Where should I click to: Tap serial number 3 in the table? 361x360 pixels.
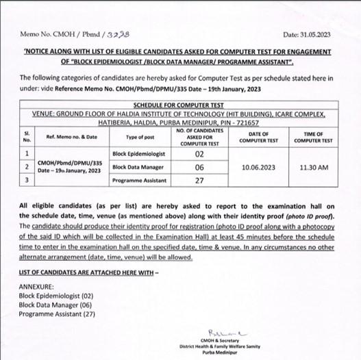(26, 179)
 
